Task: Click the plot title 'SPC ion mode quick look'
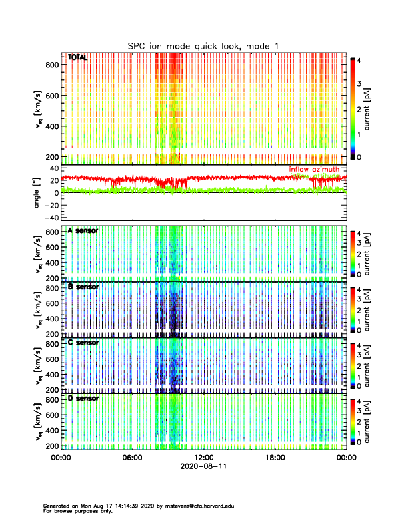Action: pyautogui.click(x=203, y=45)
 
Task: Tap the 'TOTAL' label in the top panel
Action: pyautogui.click(x=78, y=58)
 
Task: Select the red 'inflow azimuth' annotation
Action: pyautogui.click(x=313, y=170)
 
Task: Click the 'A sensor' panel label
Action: pyautogui.click(x=83, y=231)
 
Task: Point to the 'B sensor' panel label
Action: pyautogui.click(x=83, y=287)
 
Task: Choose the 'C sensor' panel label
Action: pyautogui.click(x=83, y=343)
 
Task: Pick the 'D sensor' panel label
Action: pyautogui.click(x=83, y=398)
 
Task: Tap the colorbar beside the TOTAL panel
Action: pyautogui.click(x=353, y=107)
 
